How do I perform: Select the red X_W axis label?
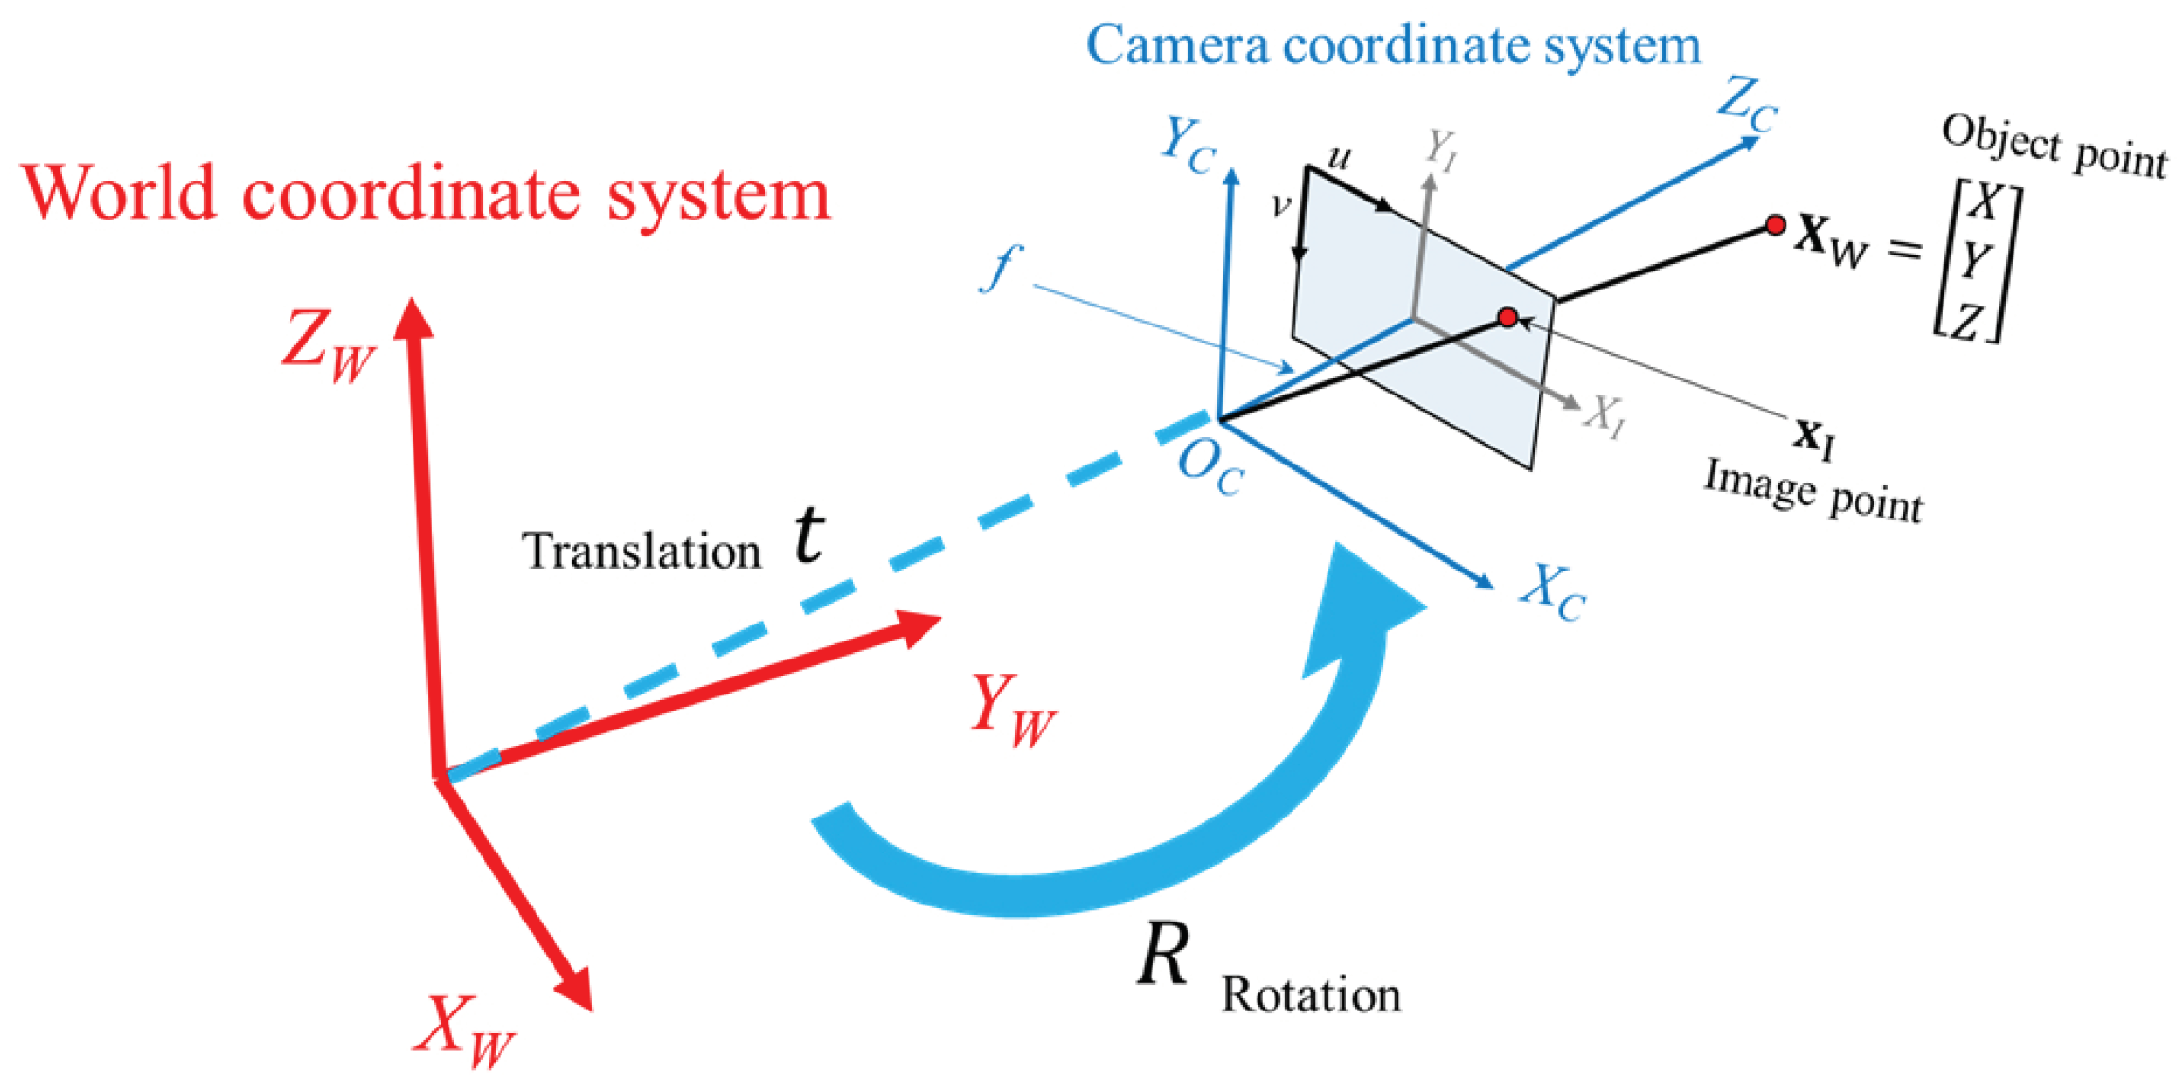(464, 1031)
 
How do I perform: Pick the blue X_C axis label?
(1553, 592)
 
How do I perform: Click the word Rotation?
(1310, 996)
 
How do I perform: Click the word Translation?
(642, 552)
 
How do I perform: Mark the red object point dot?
(1775, 225)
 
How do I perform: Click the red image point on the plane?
(1508, 317)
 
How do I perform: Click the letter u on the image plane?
(1340, 157)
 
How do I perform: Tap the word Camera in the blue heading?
(1177, 45)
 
